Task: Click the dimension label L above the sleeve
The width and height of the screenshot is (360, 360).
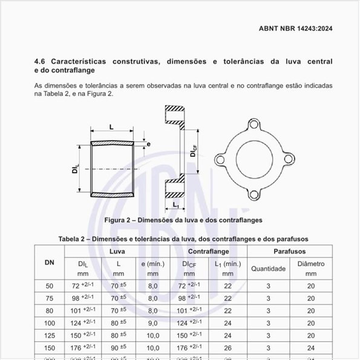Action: coord(112,127)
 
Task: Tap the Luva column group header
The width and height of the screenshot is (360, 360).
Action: coord(117,250)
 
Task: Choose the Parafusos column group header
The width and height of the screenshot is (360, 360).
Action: coord(290,250)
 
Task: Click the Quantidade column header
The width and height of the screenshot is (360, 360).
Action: coord(268,269)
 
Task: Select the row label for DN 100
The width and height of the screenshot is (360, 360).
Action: coord(49,323)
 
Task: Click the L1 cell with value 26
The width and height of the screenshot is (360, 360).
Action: coord(227,348)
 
